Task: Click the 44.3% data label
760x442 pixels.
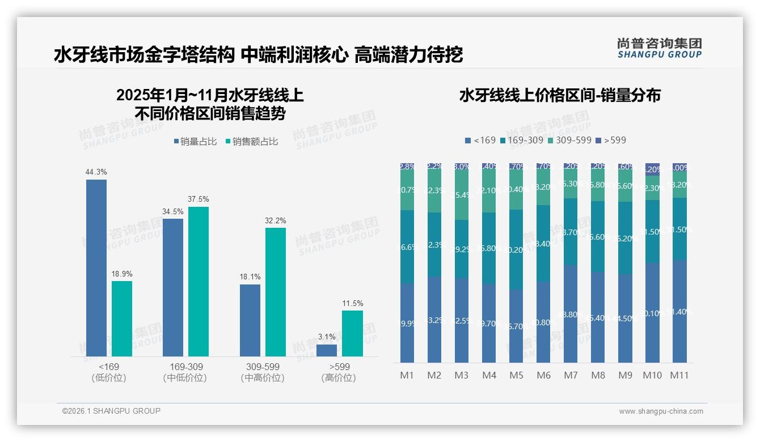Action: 96,172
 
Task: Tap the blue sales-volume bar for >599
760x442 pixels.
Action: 327,350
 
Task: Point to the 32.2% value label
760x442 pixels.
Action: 276,220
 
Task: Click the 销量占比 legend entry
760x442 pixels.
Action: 195,142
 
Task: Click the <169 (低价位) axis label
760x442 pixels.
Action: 108,372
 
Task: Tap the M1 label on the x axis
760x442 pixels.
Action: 407,375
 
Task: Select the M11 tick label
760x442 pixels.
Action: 679,375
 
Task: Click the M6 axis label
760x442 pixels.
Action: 543,375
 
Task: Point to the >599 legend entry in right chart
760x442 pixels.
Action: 611,140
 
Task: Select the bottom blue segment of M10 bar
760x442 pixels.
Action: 652,312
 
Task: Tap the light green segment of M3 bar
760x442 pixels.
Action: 462,195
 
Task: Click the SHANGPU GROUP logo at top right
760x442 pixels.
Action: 659,48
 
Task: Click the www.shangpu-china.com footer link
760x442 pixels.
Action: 661,411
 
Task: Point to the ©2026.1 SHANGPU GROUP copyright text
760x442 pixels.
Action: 111,411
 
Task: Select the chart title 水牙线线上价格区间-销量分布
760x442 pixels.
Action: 560,95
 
